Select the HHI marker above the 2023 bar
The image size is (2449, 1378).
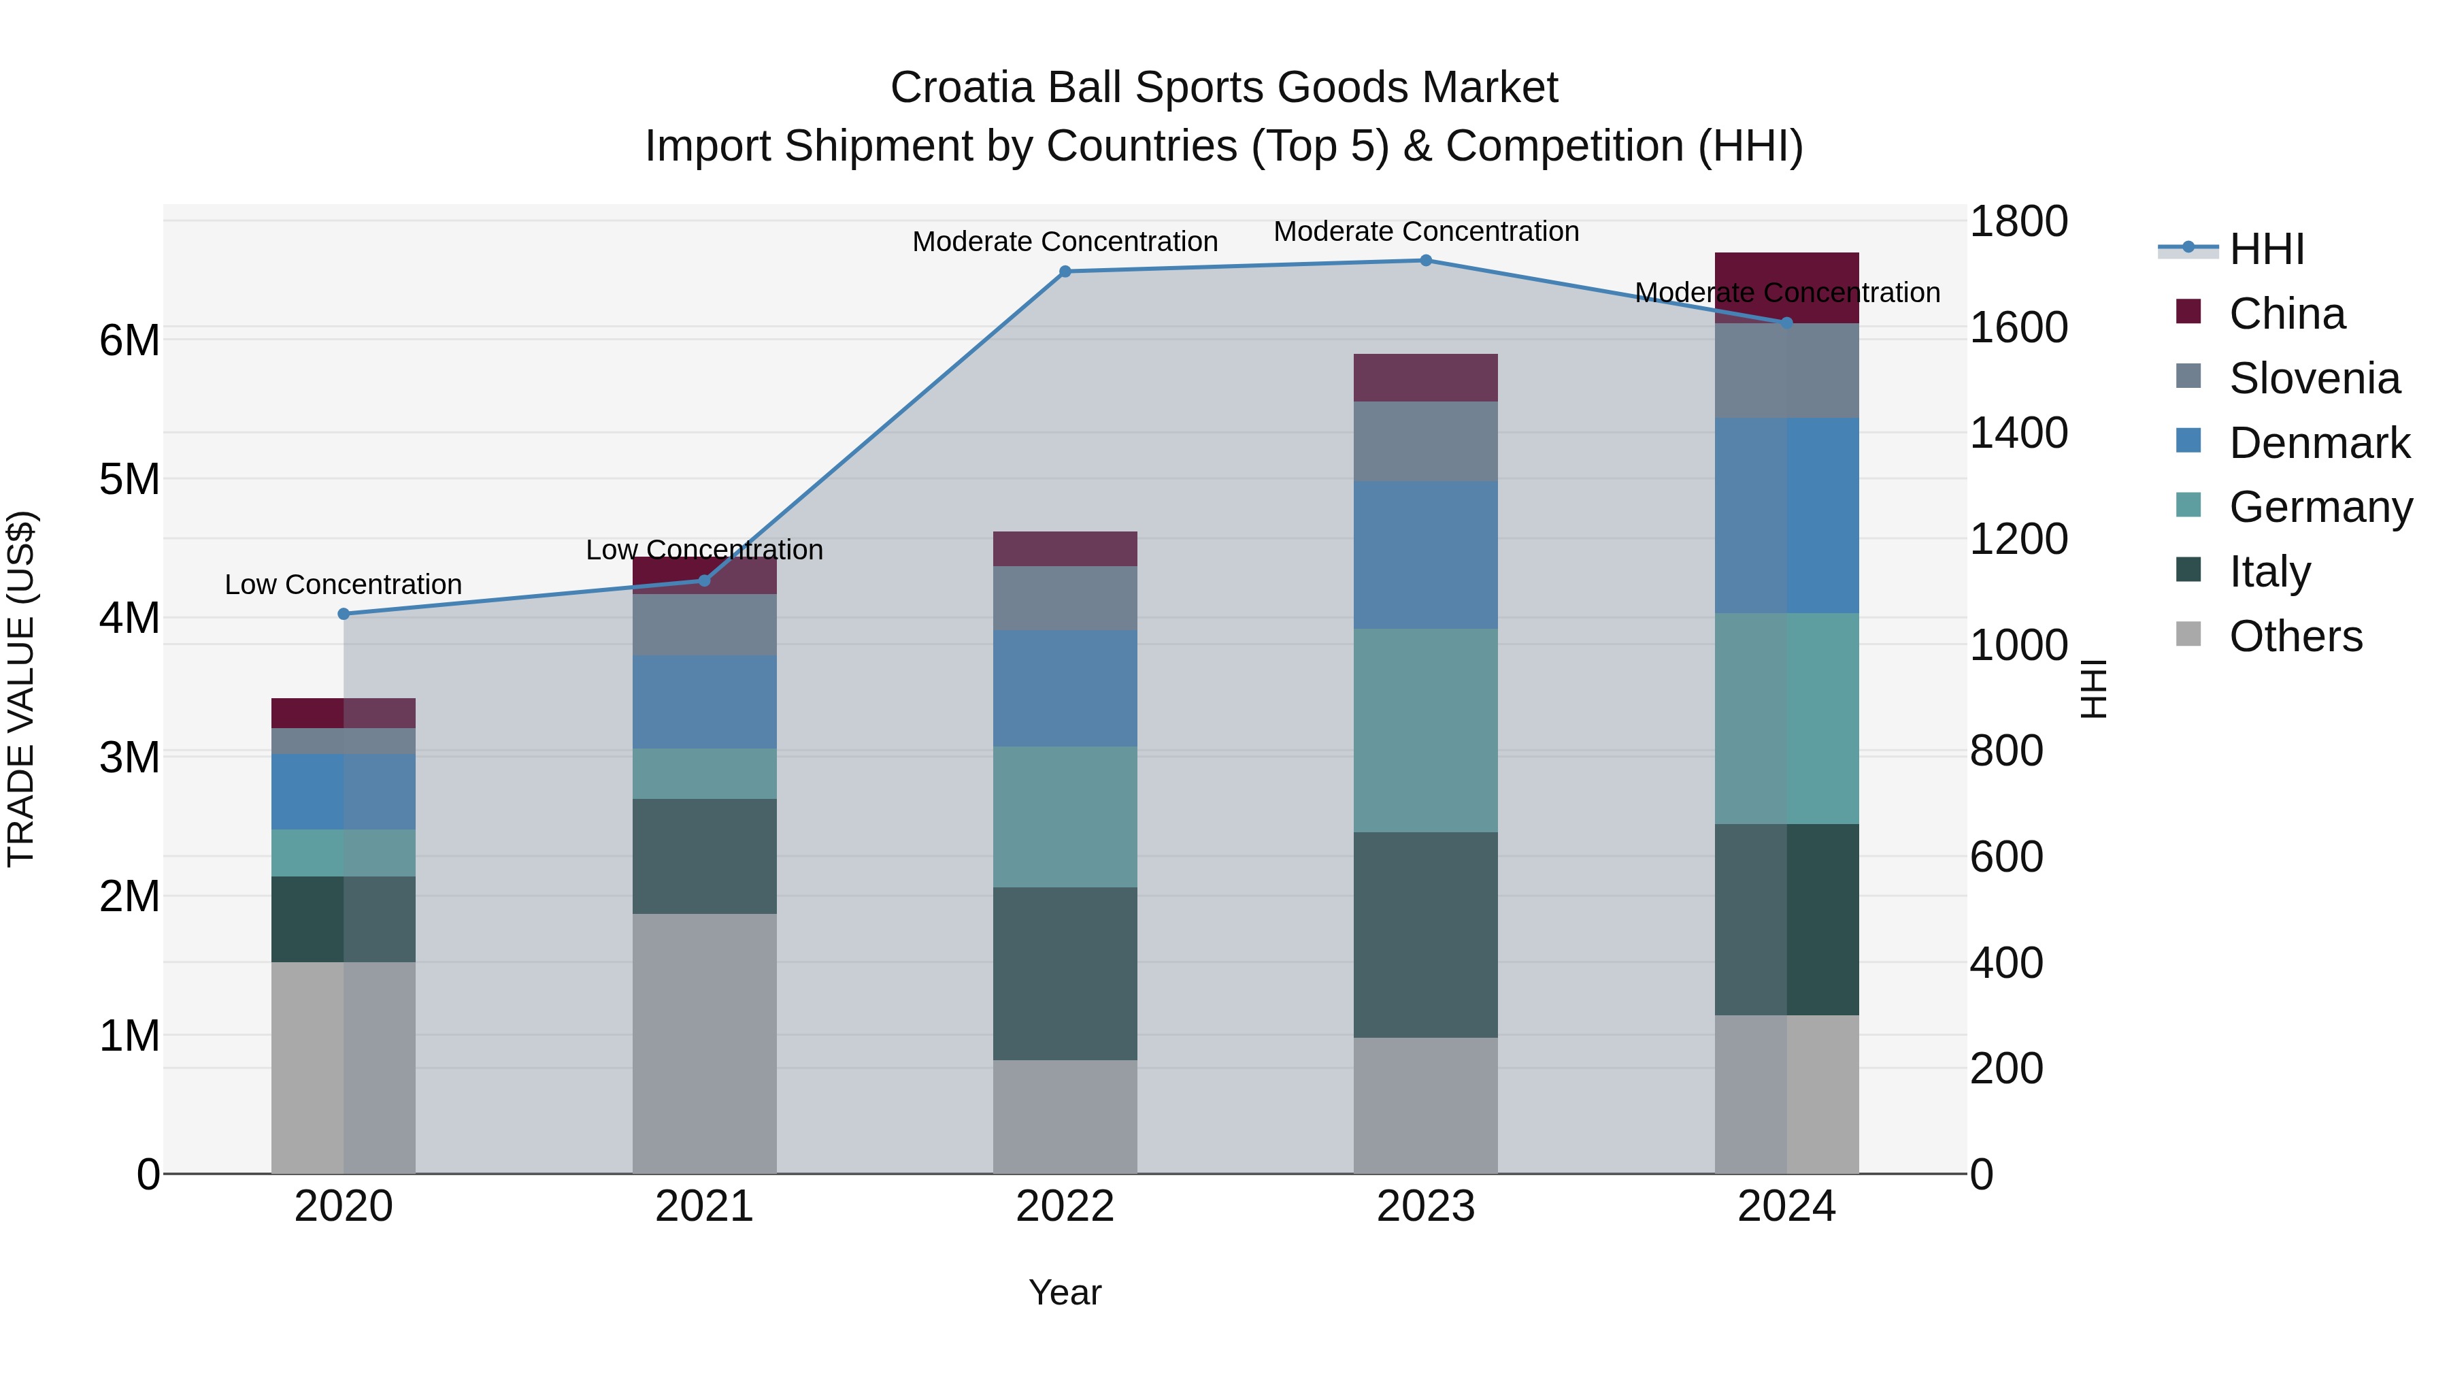(1425, 260)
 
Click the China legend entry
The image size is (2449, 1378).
(2286, 314)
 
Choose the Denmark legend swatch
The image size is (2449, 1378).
(2188, 441)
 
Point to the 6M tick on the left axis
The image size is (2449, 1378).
(129, 340)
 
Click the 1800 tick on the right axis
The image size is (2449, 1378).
(2018, 222)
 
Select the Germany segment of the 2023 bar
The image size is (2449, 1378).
(1425, 729)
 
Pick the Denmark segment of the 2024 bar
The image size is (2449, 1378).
(1786, 514)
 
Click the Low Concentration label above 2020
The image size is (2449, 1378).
(344, 584)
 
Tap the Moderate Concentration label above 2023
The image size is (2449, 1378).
(1425, 231)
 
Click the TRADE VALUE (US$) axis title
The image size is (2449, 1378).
(21, 689)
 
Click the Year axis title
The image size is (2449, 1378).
(1065, 1292)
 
